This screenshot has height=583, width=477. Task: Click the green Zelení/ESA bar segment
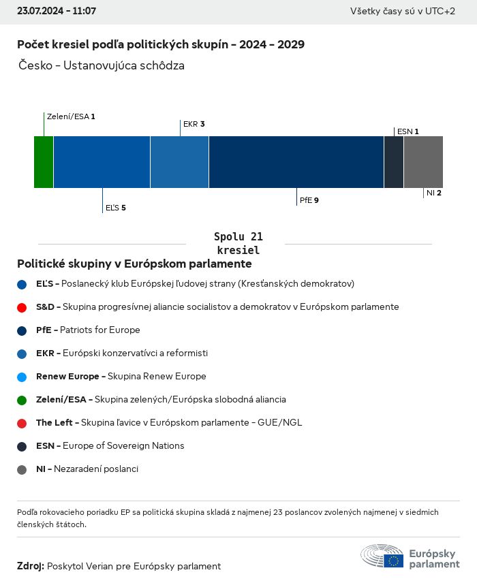(x=44, y=161)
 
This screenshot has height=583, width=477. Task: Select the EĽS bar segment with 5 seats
(x=102, y=161)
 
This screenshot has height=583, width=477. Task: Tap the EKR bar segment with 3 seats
(x=179, y=161)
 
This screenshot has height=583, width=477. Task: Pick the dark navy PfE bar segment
(x=296, y=161)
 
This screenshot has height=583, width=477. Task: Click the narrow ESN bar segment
(x=394, y=161)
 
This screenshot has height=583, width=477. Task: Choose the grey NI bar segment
(x=423, y=161)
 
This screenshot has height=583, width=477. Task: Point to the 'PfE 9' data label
(x=309, y=200)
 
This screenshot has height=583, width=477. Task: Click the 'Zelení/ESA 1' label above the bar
(x=71, y=116)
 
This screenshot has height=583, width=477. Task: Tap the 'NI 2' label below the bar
(x=434, y=193)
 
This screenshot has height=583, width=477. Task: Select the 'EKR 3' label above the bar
(x=194, y=124)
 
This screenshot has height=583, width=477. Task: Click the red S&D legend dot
(x=22, y=307)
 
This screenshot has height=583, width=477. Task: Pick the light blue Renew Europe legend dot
(x=22, y=377)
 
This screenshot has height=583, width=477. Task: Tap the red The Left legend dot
(x=22, y=423)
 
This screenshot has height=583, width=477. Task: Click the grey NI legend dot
(x=22, y=469)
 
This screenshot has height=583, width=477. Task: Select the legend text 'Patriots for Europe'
(x=100, y=330)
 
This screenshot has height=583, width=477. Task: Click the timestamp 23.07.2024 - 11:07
(x=57, y=12)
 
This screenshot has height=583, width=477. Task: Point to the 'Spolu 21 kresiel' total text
(x=238, y=243)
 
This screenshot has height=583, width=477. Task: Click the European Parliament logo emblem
(x=382, y=556)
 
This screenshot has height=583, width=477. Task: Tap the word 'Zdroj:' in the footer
(x=31, y=566)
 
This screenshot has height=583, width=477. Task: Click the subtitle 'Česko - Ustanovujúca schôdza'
(x=102, y=65)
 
